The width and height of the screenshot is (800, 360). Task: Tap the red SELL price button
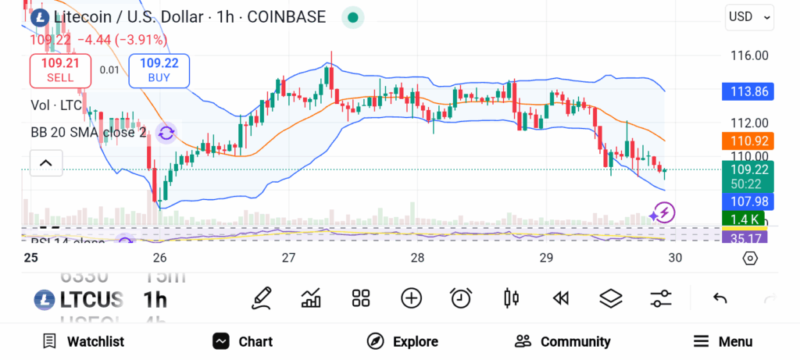tap(60, 70)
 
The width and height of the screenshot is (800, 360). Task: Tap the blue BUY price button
tap(159, 70)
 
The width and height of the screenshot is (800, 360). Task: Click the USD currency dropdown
tap(749, 16)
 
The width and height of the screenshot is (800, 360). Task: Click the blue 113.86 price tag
tap(748, 91)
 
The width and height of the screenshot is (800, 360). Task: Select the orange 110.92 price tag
tap(748, 141)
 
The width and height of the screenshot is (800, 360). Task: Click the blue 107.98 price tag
tap(748, 201)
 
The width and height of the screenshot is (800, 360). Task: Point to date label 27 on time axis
tap(288, 258)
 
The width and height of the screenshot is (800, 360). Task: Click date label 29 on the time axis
tap(546, 258)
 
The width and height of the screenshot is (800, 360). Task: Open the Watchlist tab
tap(84, 341)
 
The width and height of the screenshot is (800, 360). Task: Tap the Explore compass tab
tap(402, 341)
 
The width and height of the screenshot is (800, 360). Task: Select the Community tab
tap(562, 341)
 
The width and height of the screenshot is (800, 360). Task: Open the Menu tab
tap(723, 341)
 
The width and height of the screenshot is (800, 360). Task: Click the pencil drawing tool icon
tap(262, 298)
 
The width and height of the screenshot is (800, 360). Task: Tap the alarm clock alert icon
tap(461, 298)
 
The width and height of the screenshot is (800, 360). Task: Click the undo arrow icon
tap(720, 298)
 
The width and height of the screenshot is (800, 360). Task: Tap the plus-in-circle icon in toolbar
tap(411, 298)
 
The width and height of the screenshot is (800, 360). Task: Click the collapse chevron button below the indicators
tap(45, 163)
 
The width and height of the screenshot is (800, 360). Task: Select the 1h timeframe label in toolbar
tap(155, 299)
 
